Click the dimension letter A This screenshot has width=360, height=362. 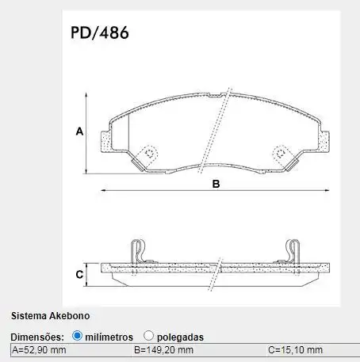coord(79,131)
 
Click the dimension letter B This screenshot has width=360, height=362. coord(214,184)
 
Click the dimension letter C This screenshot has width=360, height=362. coord(79,275)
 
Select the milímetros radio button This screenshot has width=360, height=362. coord(77,336)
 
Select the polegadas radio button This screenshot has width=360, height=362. coord(149,336)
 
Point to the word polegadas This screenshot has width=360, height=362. coord(180,337)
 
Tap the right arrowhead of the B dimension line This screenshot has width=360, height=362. coord(329,190)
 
